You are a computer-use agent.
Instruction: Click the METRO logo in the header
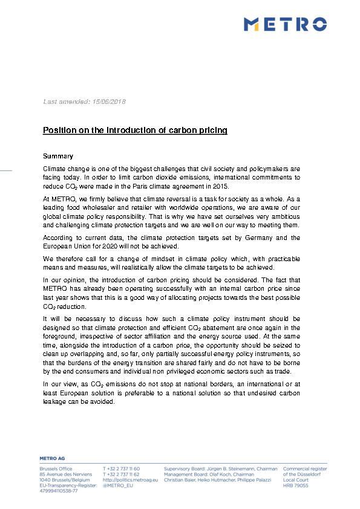[285, 24]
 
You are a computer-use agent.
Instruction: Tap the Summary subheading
[58, 156]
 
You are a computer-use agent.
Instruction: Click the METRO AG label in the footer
[54, 459]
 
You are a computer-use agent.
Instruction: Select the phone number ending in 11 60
[122, 468]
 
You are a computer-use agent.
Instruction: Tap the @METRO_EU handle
[118, 485]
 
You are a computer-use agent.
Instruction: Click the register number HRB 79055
[296, 485]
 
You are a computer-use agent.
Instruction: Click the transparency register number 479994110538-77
[59, 491]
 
